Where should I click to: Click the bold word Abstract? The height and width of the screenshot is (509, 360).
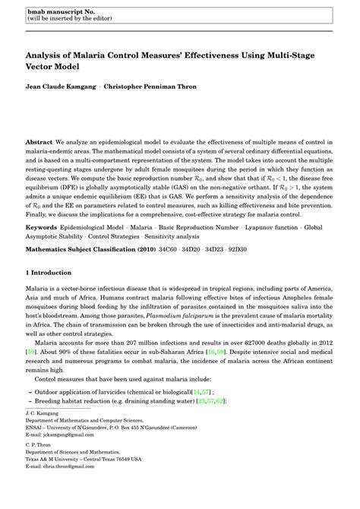pos(39,142)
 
